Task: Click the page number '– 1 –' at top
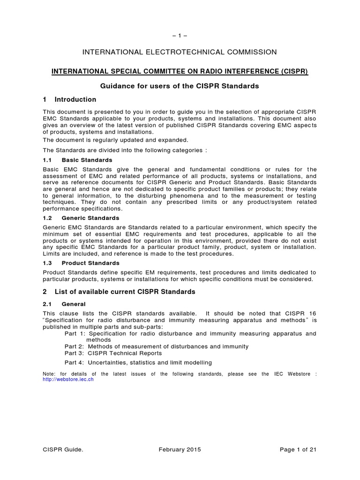point(180,36)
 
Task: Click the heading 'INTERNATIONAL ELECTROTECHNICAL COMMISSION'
point(180,52)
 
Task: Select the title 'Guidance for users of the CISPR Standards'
point(180,86)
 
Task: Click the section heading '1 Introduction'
point(69,99)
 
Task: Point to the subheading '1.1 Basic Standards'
point(77,160)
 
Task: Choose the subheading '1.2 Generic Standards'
point(81,218)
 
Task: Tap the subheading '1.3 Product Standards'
point(81,263)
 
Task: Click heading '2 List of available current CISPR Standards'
point(119,292)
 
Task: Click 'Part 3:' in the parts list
point(74,353)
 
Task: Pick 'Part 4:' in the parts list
point(74,362)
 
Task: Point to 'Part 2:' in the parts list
point(74,346)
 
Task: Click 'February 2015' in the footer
point(180,450)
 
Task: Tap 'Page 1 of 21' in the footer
point(298,450)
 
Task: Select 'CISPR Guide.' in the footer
point(63,450)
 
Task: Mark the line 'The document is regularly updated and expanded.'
point(116,140)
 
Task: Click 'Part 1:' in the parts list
point(74,333)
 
